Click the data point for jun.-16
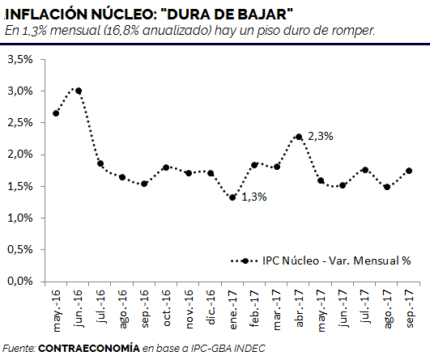(79, 91)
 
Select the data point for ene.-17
(232, 197)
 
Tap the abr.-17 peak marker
(299, 137)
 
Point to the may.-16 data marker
(56, 113)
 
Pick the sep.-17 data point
(409, 171)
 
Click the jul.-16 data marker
(100, 163)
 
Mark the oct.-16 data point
(166, 167)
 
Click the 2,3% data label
(321, 136)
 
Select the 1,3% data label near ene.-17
(254, 197)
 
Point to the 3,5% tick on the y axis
(20, 59)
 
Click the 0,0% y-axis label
(20, 281)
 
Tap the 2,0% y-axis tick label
(20, 155)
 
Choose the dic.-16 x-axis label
(211, 307)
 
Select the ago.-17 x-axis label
(388, 309)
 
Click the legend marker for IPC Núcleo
(245, 261)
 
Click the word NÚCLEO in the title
(124, 14)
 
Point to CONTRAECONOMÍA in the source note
(89, 348)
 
